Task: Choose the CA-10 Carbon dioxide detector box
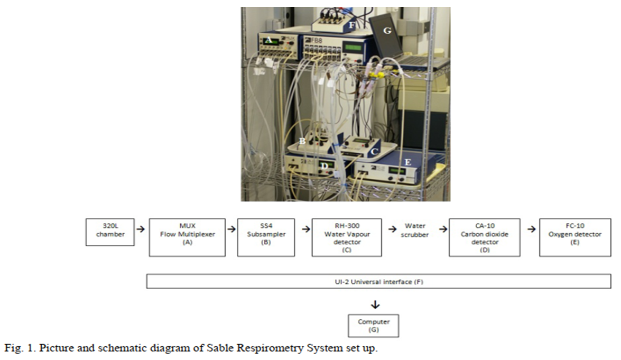(x=484, y=237)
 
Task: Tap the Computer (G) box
(x=373, y=325)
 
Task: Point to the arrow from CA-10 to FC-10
(x=529, y=229)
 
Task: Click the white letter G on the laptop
(x=387, y=31)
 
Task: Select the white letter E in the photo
(x=407, y=162)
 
